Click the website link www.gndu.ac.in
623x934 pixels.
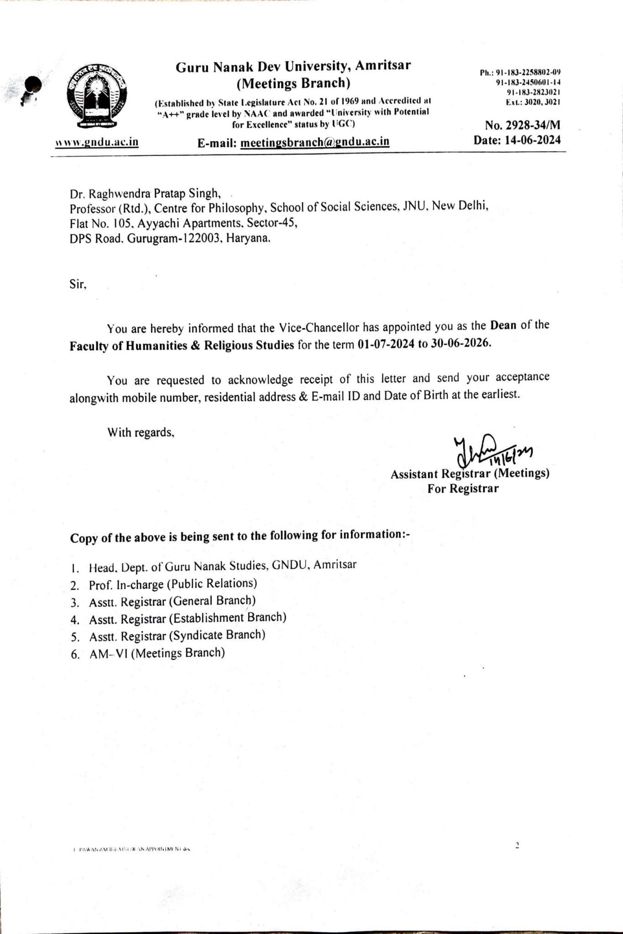[96, 141]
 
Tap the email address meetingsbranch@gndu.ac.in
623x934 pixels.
[315, 142]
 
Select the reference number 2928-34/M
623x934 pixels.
[532, 125]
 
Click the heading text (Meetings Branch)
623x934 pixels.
[293, 83]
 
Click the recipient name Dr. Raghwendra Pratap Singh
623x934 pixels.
[145, 194]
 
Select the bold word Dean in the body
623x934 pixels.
[503, 326]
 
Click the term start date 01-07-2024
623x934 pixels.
[387, 344]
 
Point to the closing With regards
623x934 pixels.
[141, 432]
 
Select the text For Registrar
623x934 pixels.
[463, 488]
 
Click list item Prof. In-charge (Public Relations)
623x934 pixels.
[173, 584]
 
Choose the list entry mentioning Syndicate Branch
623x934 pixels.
[177, 635]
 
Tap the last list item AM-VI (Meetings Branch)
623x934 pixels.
[157, 653]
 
